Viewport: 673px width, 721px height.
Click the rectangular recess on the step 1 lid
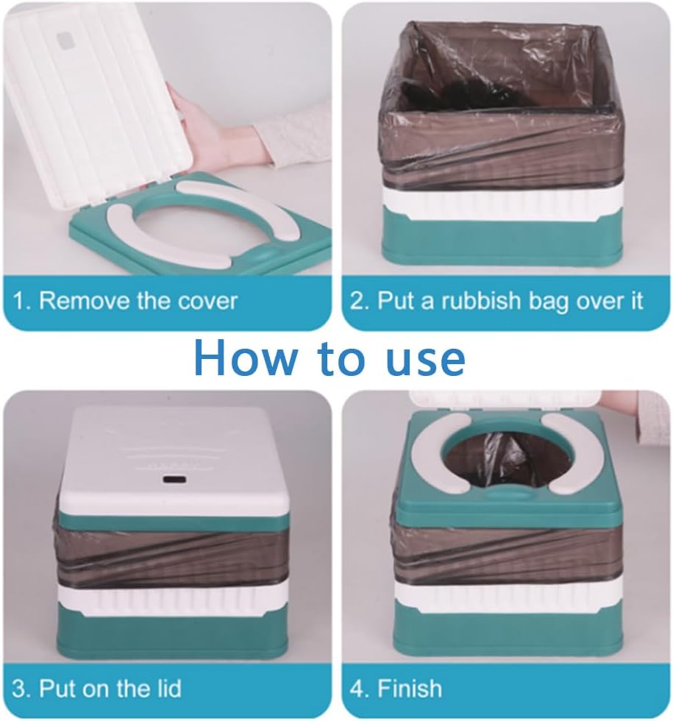(x=67, y=40)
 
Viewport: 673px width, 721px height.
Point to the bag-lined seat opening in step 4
(x=500, y=460)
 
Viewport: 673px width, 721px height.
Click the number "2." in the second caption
(x=360, y=301)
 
